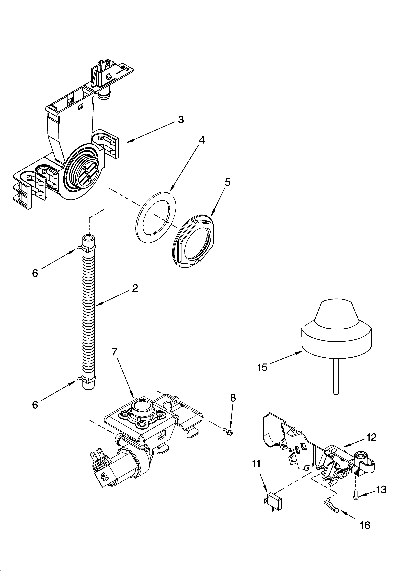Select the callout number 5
coord(227,182)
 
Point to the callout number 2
coord(135,288)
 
